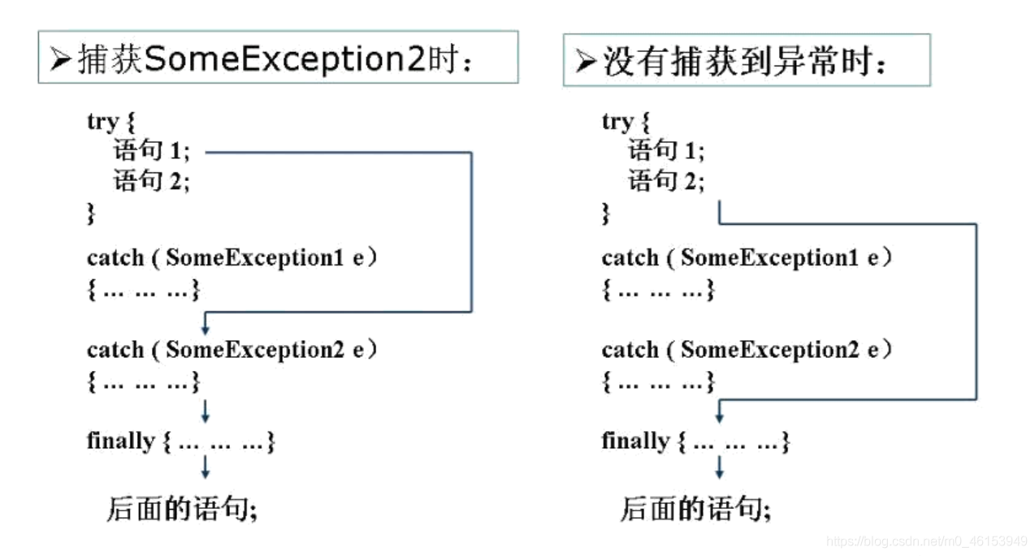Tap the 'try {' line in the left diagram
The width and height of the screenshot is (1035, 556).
coord(110,122)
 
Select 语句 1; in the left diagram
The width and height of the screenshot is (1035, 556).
coord(152,152)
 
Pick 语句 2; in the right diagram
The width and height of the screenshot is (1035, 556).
coord(666,181)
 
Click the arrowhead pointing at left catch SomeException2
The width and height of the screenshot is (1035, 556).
coord(206,329)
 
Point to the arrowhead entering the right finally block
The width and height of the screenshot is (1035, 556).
coord(719,417)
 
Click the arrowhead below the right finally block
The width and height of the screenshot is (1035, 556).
coord(719,472)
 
